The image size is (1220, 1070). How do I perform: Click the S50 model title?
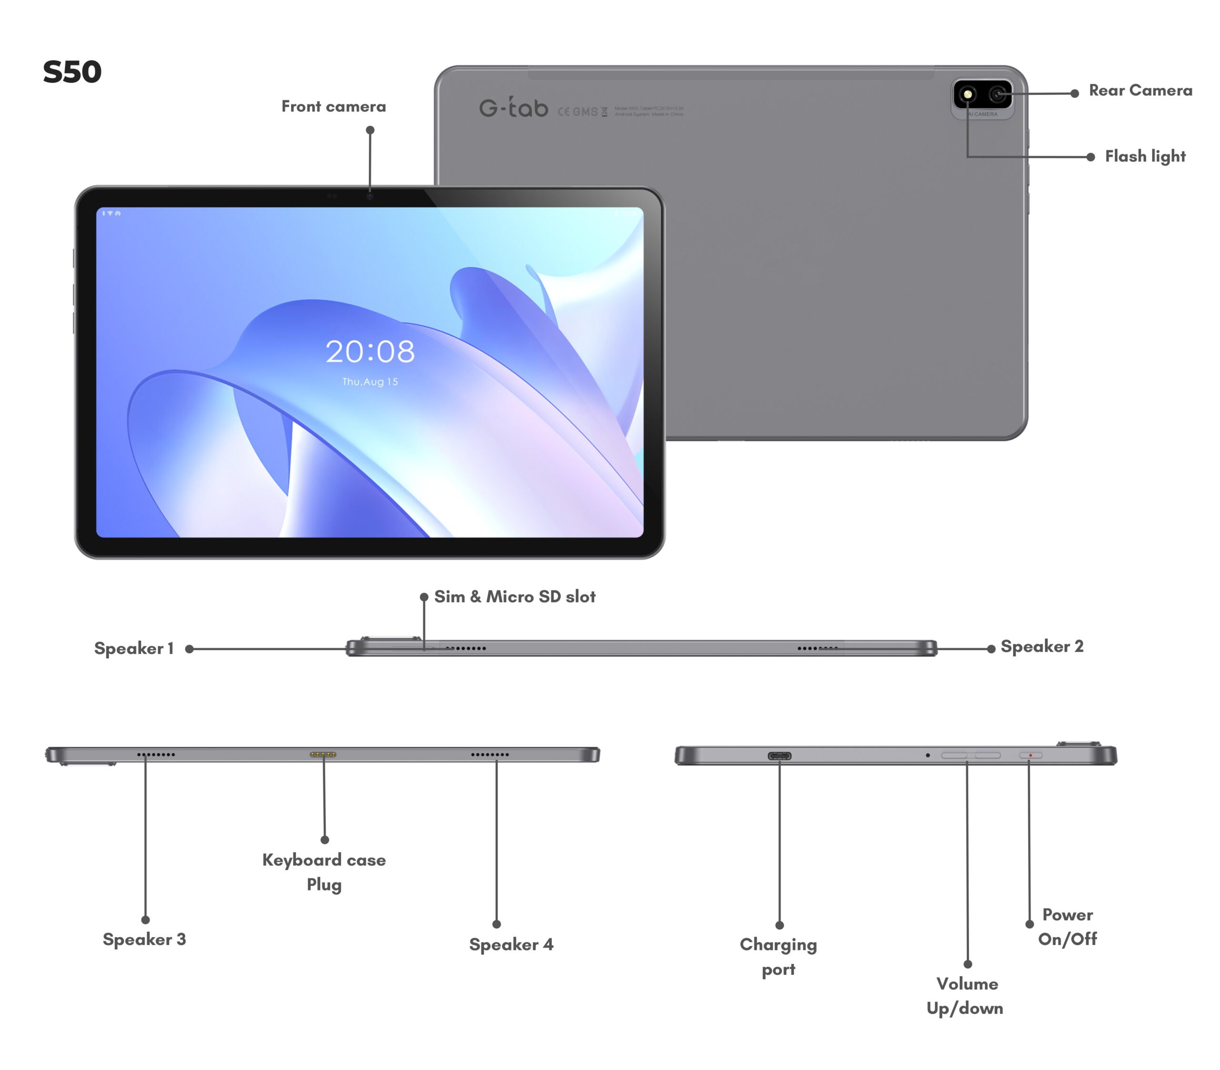pos(72,72)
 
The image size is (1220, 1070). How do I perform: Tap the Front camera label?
pos(334,106)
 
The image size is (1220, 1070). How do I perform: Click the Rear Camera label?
pos(1140,90)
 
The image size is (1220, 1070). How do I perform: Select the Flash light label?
pos(1145,156)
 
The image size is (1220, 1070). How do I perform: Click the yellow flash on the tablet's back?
pos(967,94)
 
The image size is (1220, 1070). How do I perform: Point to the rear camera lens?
pos(997,94)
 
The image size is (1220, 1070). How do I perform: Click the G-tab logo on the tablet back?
pos(513,108)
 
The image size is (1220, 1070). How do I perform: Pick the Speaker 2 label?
pos(1042,646)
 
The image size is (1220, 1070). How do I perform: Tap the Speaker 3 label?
pos(144,939)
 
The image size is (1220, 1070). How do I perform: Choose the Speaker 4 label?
pos(511,944)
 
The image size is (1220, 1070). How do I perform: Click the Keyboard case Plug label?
pos(324,872)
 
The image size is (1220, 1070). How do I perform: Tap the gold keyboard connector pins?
pos(323,755)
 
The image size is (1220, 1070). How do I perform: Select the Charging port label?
pos(778,957)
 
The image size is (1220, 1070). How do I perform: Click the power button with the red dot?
pos(1031,756)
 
